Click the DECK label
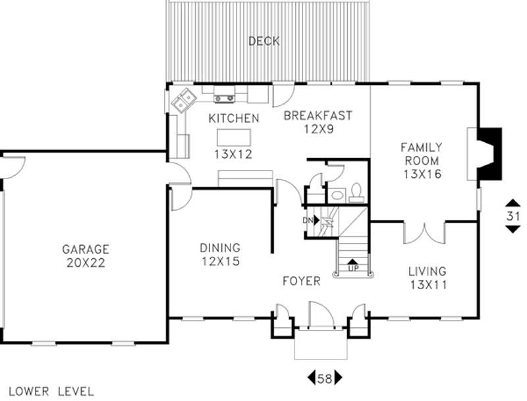point(264,41)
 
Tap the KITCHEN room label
point(233,119)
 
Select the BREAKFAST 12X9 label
point(318,122)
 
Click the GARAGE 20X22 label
point(86,256)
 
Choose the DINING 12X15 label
point(220,254)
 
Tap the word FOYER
point(301,281)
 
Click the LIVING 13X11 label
point(427,277)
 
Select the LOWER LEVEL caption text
point(51,390)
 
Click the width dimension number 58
point(325,379)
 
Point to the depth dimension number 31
point(513,215)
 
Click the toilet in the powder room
point(356,191)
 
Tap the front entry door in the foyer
point(319,314)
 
